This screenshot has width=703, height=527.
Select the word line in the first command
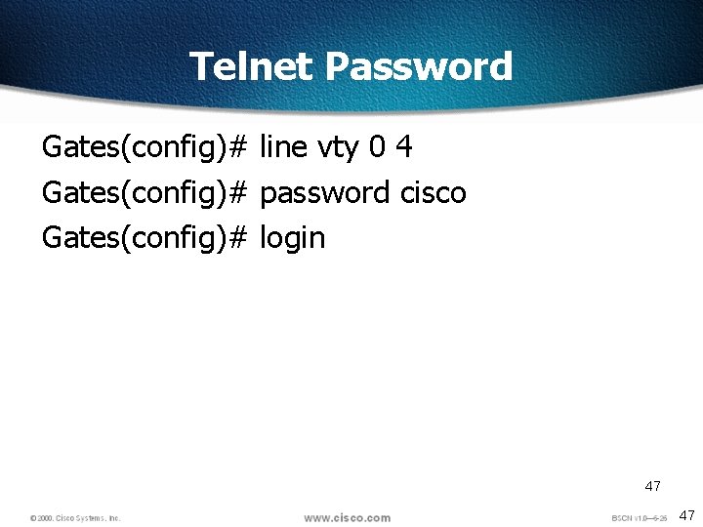[282, 147]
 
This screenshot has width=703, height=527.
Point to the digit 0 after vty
[378, 147]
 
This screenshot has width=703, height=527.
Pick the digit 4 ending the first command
[403, 147]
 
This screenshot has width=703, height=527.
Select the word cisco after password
[433, 192]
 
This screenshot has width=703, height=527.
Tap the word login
[292, 238]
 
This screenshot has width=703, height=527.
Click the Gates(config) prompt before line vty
[132, 148]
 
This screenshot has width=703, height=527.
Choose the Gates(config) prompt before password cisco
[132, 193]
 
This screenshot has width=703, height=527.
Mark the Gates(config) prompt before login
[132, 238]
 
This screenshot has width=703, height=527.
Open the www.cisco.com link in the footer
[347, 517]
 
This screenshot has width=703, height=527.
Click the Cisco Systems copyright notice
[75, 517]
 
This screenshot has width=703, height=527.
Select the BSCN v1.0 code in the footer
[639, 518]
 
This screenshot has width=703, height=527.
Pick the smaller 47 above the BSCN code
[652, 485]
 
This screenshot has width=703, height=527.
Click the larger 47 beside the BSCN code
[686, 514]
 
